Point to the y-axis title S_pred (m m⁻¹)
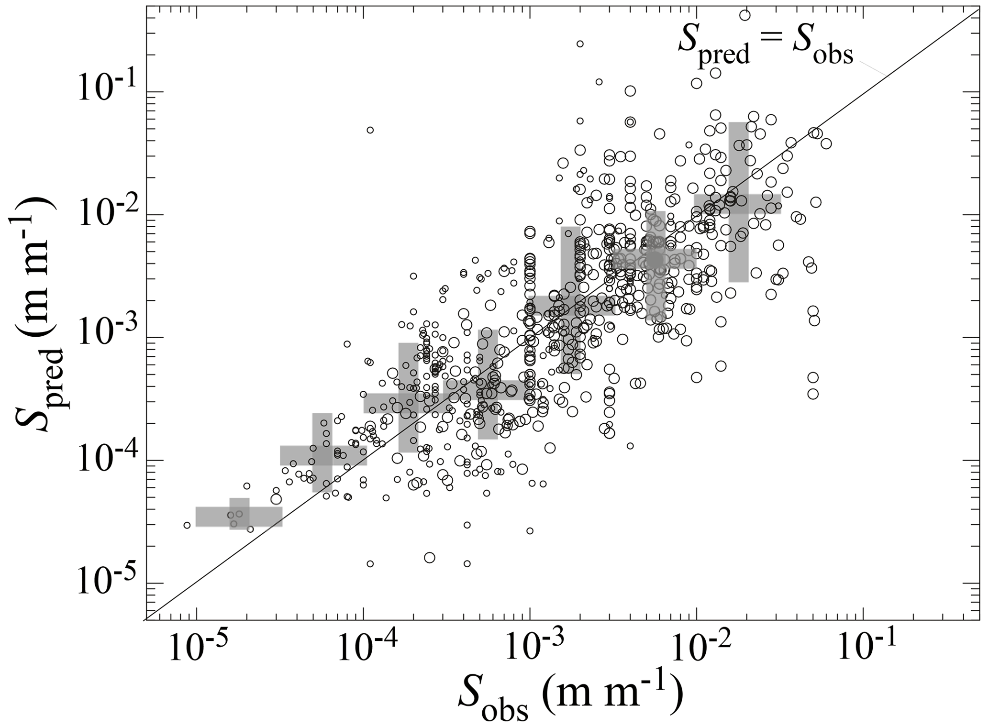click(36, 313)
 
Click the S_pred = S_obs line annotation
click(766, 48)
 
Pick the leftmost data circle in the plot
click(187, 525)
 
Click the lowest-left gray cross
click(239, 517)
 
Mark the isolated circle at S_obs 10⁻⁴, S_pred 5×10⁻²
click(370, 130)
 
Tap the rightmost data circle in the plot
click(826, 143)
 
